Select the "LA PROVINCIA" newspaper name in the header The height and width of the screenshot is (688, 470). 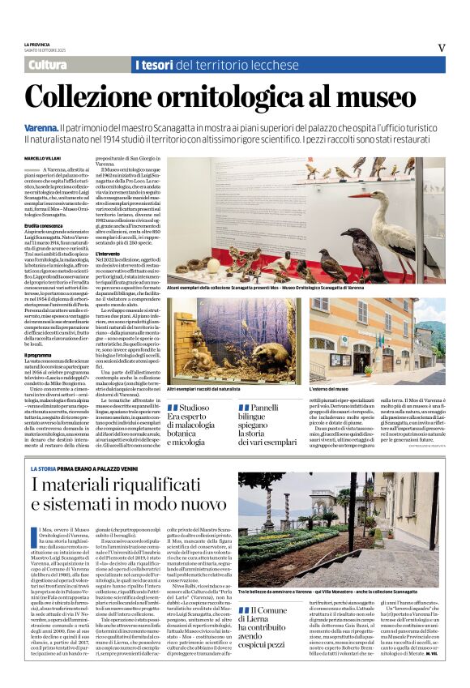37,44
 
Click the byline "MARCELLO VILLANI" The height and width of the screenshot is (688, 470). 42,158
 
